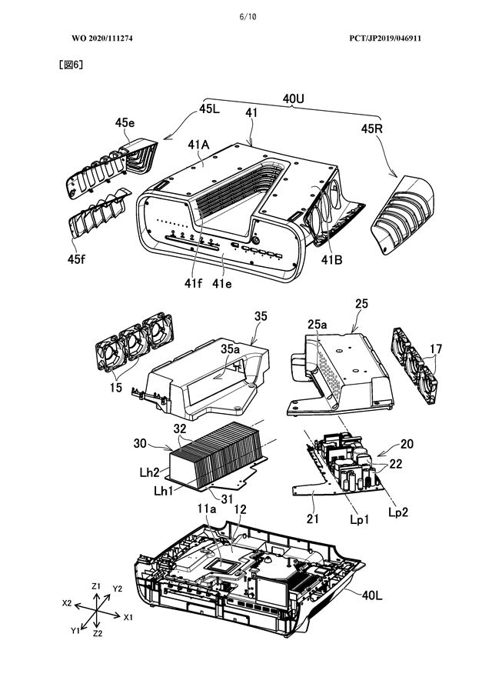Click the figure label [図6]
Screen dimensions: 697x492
click(71, 65)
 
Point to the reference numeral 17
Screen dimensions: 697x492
click(435, 348)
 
